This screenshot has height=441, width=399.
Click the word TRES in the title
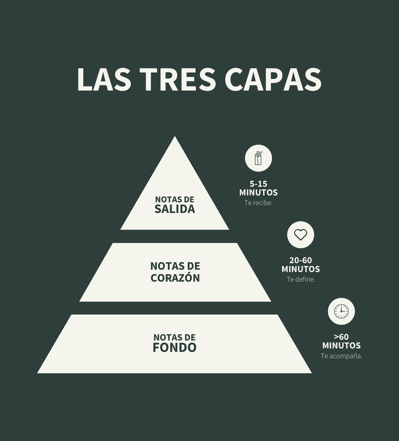[x=178, y=79]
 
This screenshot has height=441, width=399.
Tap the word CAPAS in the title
[x=273, y=79]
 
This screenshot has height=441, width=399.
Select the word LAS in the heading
[x=104, y=79]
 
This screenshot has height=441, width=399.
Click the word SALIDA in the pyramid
[x=174, y=209]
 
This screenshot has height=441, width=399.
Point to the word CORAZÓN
[x=175, y=278]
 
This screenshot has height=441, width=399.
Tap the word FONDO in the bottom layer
[x=174, y=348]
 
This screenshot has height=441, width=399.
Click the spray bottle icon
[x=259, y=159]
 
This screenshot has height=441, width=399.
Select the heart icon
[x=301, y=235]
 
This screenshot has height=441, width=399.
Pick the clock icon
[x=341, y=311]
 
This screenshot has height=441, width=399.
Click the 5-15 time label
[x=259, y=184]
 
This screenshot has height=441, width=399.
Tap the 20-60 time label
[x=301, y=261]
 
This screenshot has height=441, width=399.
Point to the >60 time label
[x=341, y=337]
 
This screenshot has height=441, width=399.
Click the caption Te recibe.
[x=259, y=203]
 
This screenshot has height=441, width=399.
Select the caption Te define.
[x=301, y=279]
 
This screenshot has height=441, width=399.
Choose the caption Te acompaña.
[x=341, y=356]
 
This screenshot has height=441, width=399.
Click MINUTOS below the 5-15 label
[x=259, y=193]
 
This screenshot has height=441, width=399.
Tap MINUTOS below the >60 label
[x=341, y=345]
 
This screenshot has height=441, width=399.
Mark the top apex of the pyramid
[x=174, y=136]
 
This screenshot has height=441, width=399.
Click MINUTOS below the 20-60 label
[x=301, y=269]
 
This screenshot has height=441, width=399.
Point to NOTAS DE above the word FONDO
[x=174, y=337]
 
